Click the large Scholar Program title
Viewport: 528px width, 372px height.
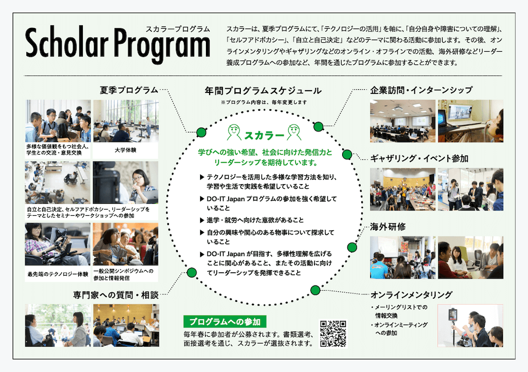[117, 46]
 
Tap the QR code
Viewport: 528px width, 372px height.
[333, 333]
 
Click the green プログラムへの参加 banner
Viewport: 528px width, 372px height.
[225, 321]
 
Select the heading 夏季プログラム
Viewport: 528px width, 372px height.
[129, 90]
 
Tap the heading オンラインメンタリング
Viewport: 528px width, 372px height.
[412, 294]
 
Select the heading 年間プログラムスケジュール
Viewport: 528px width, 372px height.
[262, 91]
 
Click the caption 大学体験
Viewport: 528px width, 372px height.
[125, 150]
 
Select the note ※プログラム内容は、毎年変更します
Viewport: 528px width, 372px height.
[263, 102]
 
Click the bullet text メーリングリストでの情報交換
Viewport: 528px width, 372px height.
[401, 311]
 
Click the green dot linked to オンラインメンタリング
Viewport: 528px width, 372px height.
[315, 289]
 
